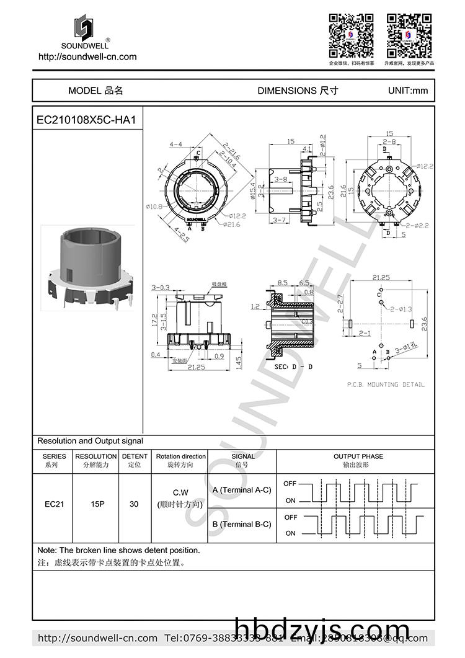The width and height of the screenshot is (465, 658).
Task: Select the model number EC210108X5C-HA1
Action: [x=86, y=120]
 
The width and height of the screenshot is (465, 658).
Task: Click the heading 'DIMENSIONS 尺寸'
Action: [x=298, y=91]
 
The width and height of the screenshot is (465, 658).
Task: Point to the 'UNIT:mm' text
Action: [x=407, y=91]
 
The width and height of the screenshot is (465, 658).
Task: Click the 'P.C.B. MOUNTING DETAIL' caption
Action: [x=386, y=385]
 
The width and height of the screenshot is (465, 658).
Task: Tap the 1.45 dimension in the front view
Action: [x=239, y=361]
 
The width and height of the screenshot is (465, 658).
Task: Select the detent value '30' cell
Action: [x=134, y=504]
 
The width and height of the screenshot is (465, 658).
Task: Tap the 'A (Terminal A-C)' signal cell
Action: [x=241, y=490]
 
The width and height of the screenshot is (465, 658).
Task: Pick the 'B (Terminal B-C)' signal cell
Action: [x=241, y=524]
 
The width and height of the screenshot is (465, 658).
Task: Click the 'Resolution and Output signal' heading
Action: [x=90, y=441]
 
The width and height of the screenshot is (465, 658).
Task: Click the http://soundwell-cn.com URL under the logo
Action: [x=87, y=56]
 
